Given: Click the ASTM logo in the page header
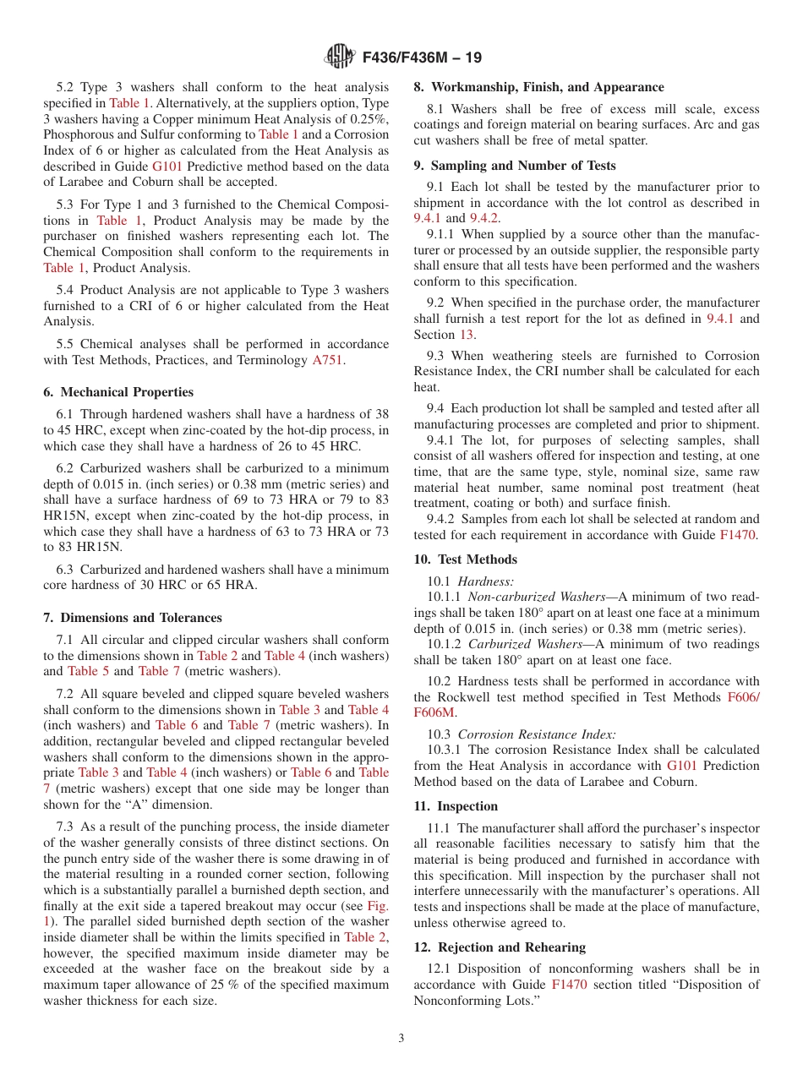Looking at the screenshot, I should pos(340,57).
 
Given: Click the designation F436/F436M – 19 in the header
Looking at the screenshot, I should pos(422,57).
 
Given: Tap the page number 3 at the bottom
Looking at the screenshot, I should pos(401,1039).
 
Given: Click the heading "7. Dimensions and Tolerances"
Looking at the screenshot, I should pos(133,618).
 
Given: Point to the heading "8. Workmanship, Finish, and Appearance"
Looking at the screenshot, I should pos(538,87).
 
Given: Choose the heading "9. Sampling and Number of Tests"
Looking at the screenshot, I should pos(514,166).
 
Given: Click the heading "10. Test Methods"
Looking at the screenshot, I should pos(465,559).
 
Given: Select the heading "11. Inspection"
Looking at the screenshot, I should pos(456,806).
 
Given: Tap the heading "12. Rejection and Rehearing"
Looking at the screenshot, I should pos(500,947).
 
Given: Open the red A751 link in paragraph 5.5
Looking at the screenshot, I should pos(329,360).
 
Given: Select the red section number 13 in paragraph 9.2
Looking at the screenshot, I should pos(467,334).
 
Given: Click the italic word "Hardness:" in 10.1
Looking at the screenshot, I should pos(485,581).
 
